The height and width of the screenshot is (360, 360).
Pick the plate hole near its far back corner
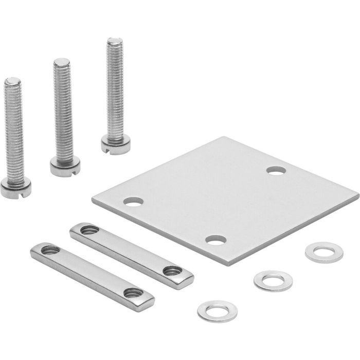point(276,170)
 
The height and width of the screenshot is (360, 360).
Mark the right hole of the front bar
point(131,292)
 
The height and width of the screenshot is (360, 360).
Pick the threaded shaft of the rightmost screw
point(114,87)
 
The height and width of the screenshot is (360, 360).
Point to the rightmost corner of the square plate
point(358,196)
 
